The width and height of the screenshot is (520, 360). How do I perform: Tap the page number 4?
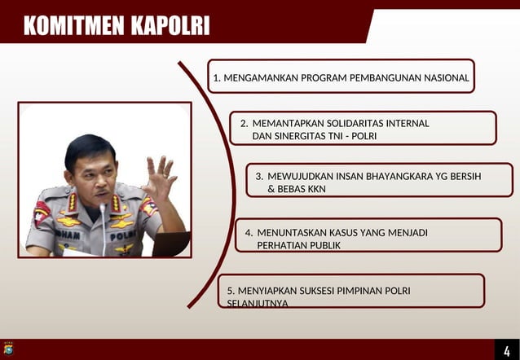coord(506,350)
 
